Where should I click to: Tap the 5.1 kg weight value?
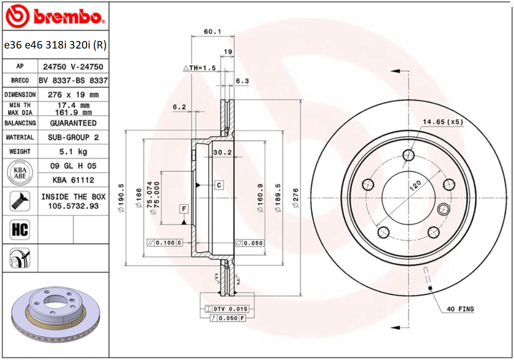click(x=73, y=152)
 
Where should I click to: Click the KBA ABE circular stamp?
click(x=20, y=172)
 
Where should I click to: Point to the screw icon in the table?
click(x=20, y=201)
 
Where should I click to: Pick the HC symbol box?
click(x=20, y=230)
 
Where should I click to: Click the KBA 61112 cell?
click(x=73, y=180)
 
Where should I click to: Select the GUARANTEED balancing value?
click(x=73, y=123)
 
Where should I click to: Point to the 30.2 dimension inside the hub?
click(x=222, y=152)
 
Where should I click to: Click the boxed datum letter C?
click(x=219, y=185)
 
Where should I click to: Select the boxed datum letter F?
click(x=184, y=209)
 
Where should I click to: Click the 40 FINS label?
click(x=460, y=309)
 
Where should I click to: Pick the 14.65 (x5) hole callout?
click(x=443, y=122)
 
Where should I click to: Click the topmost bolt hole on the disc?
click(x=409, y=155)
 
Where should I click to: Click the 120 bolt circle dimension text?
click(x=415, y=184)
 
